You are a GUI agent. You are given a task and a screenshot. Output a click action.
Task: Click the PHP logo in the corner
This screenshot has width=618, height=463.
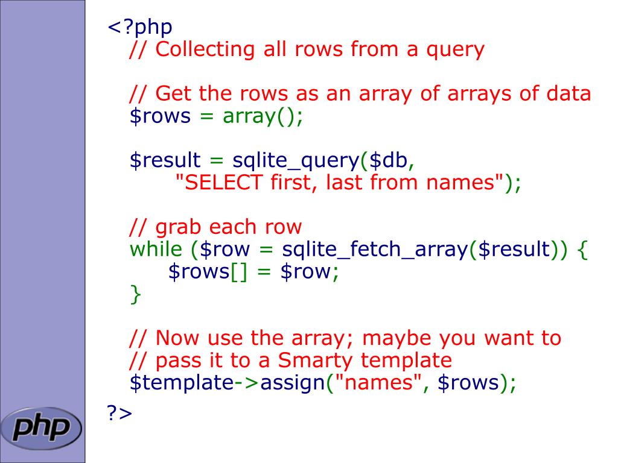coord(41,427)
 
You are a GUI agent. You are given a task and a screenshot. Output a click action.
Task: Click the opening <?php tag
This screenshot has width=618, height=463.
coord(140,27)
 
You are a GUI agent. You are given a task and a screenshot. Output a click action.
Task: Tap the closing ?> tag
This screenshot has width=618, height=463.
coord(119,413)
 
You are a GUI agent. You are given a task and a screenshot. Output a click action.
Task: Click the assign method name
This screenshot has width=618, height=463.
coord(293,382)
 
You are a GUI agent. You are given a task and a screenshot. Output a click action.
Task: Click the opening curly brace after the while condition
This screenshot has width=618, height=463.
coord(582,250)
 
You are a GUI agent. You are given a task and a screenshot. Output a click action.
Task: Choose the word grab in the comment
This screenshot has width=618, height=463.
coord(179,227)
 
